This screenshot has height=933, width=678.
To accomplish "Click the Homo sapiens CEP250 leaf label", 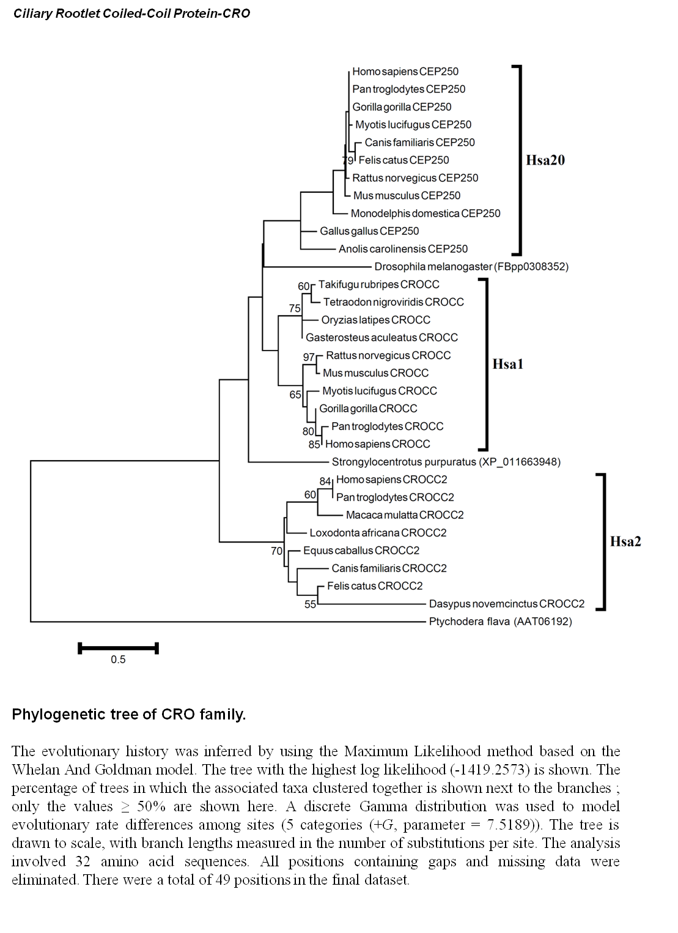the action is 405,72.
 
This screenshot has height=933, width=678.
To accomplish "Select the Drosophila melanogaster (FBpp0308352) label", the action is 471,267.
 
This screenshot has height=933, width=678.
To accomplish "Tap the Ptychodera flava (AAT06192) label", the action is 500,622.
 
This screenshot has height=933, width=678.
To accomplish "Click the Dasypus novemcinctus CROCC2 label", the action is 507,603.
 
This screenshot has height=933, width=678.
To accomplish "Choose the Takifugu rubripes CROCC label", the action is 379,284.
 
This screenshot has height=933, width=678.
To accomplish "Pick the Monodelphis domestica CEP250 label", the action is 426,214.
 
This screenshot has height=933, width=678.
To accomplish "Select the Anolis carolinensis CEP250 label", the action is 403,249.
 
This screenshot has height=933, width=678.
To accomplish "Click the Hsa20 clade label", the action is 545,160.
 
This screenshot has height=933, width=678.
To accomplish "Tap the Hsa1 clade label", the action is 507,364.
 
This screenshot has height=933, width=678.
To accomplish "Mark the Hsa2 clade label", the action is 625,541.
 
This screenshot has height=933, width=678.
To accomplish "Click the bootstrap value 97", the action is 308,357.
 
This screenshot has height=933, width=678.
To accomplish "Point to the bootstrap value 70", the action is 276,551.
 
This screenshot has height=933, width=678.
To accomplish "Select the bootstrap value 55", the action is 310,604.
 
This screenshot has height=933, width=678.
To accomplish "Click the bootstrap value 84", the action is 325,481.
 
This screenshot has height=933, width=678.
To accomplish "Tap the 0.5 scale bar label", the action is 118,660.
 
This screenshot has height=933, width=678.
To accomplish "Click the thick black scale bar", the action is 118,648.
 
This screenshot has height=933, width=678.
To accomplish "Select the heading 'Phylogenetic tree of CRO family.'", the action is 129,715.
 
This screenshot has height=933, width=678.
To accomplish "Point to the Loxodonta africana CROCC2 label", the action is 378,533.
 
